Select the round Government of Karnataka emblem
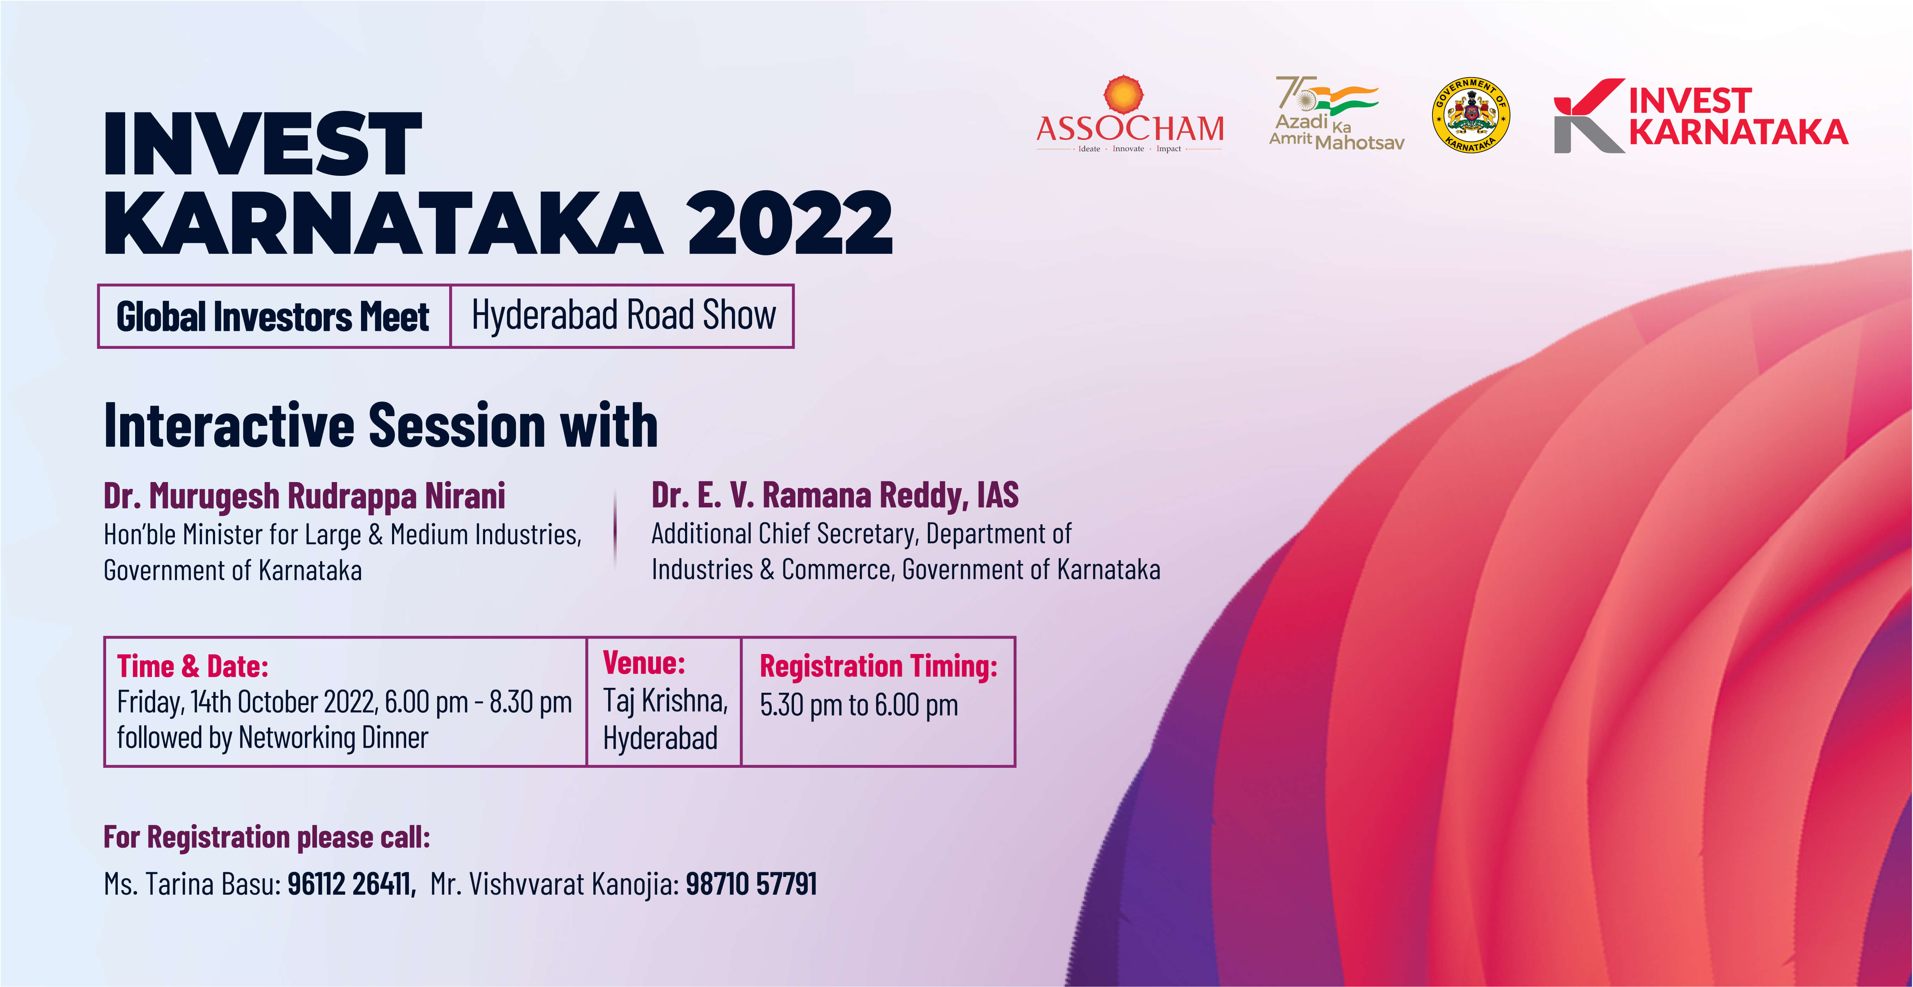pos(1471,115)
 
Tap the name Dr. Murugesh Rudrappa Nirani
pos(305,496)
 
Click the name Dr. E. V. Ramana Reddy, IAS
pos(835,495)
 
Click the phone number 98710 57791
pos(751,884)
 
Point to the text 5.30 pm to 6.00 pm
pos(858,705)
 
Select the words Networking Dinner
pos(334,738)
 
